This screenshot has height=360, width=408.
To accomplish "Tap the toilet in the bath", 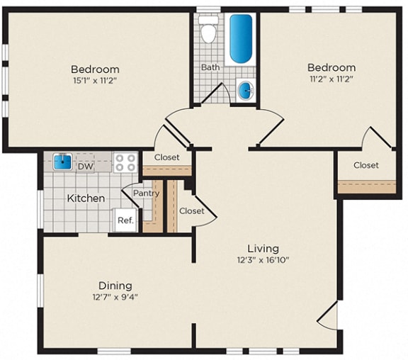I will coord(208,32).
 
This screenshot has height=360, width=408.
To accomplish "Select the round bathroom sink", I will coord(245,89).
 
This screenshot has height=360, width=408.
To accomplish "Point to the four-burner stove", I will coord(125,162).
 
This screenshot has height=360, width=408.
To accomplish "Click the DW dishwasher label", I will coord(85,167).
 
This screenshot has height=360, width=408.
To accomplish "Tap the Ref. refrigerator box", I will coord(125,220).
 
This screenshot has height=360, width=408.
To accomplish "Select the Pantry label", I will coord(146,193).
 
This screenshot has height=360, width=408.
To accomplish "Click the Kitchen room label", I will coord(86,198).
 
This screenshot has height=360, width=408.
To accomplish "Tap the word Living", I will coord(262,248).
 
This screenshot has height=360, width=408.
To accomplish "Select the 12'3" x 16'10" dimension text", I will coord(262,260).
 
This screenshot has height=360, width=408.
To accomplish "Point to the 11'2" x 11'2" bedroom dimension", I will coord(331,79).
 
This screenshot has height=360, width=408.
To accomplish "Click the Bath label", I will coord(210,67).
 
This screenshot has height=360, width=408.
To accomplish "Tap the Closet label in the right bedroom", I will coord(366,165).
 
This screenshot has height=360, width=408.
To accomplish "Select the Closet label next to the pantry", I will coord(191,210).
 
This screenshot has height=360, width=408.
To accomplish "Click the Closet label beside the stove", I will coord(166,157).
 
